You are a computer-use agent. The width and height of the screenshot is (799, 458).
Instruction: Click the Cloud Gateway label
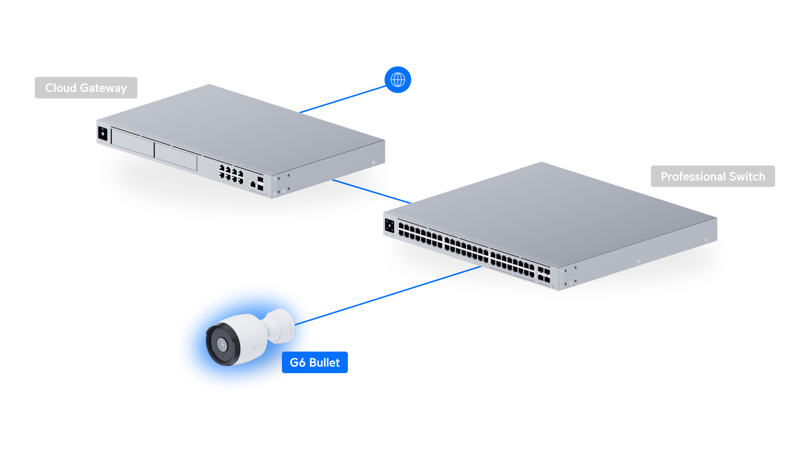click(86, 88)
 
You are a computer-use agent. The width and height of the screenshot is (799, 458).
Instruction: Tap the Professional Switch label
click(712, 176)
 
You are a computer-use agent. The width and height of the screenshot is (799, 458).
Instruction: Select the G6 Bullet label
click(315, 362)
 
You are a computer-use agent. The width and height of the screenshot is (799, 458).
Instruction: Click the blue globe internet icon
click(398, 80)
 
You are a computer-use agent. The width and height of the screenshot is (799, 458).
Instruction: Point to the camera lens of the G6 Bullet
click(222, 345)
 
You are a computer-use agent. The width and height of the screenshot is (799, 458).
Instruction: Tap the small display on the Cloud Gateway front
click(102, 133)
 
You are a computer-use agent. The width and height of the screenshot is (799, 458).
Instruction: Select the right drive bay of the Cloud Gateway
click(176, 157)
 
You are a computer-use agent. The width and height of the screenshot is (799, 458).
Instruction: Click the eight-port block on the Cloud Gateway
click(231, 173)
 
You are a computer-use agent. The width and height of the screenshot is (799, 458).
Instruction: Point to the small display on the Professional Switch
click(389, 226)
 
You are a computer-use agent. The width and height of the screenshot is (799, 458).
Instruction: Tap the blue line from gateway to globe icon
click(343, 99)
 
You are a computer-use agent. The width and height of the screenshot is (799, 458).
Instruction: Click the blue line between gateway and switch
click(372, 191)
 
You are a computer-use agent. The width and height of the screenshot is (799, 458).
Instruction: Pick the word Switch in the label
click(747, 176)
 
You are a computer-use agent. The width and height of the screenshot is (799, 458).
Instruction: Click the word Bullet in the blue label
click(325, 362)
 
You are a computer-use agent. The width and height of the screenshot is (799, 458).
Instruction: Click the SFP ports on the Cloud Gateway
click(260, 184)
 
